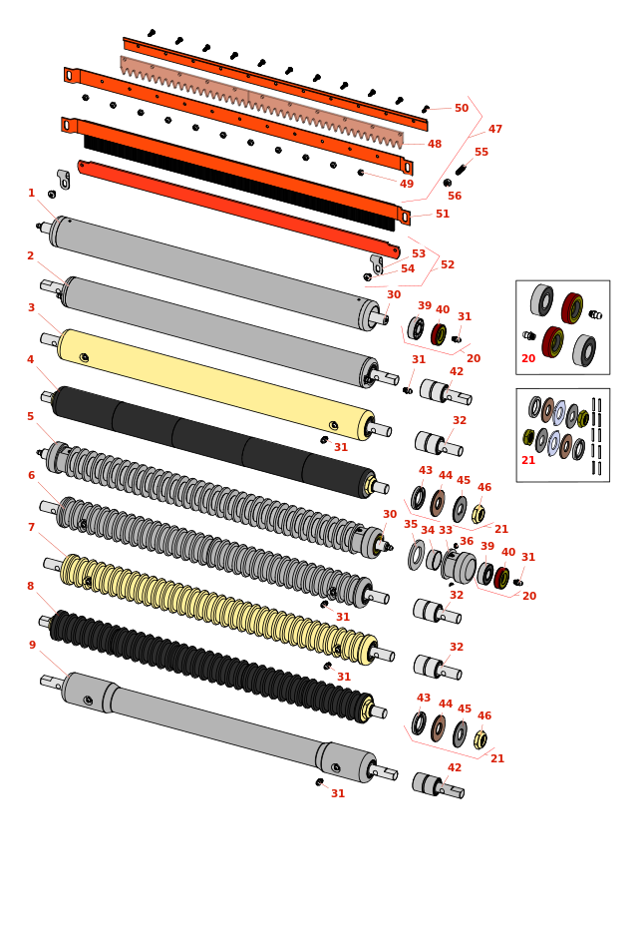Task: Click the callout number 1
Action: pyautogui.click(x=31, y=194)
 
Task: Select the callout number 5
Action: pyautogui.click(x=30, y=417)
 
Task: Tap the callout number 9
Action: pyautogui.click(x=32, y=646)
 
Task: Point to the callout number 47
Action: pyautogui.click(x=495, y=130)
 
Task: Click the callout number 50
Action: pyautogui.click(x=462, y=108)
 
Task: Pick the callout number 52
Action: pyautogui.click(x=448, y=264)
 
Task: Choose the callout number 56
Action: pyautogui.click(x=455, y=196)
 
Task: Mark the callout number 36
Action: pyautogui.click(x=467, y=541)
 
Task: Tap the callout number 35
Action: pyautogui.click(x=411, y=524)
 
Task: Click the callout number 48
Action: pyautogui.click(x=435, y=145)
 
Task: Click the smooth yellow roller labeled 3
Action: pyautogui.click(x=214, y=384)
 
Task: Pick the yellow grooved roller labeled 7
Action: pyautogui.click(x=214, y=604)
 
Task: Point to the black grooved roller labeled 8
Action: pyautogui.click(x=209, y=660)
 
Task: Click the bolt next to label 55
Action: pyautogui.click(x=461, y=170)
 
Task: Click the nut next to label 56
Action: pyautogui.click(x=448, y=183)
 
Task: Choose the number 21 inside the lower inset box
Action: pyautogui.click(x=528, y=460)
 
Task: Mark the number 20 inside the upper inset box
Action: pyautogui.click(x=528, y=358)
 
